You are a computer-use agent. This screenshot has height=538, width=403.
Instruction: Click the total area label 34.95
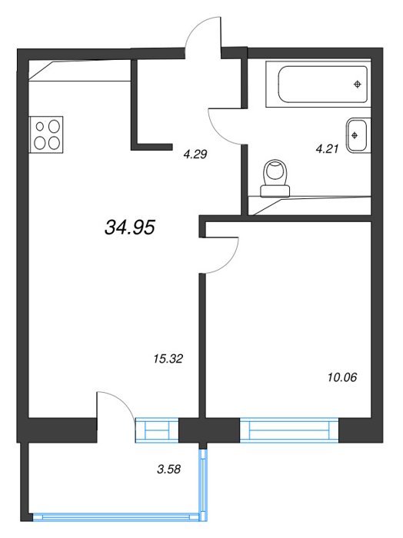point(130,227)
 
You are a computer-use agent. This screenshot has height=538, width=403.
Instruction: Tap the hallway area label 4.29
point(195,154)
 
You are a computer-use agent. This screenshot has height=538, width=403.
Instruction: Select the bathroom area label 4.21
point(327,149)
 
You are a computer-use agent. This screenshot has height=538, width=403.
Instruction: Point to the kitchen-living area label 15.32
point(168,359)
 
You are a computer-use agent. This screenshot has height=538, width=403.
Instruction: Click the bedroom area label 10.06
point(342,377)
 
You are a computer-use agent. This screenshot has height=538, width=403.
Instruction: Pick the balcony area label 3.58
point(168,469)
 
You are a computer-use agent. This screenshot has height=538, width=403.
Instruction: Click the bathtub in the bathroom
point(318,85)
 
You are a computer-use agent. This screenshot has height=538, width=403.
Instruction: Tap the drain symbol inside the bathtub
point(358,84)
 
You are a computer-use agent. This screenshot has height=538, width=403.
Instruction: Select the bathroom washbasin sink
point(358,135)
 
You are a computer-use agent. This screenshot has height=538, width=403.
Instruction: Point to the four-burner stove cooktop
point(46,134)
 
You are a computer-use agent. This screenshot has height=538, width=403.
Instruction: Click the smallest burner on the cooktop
point(40,127)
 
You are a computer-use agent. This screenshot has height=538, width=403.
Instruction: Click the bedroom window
point(289,430)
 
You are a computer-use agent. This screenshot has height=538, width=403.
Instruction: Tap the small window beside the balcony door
point(157,430)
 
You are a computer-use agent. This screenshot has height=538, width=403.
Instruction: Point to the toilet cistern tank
point(275,191)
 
